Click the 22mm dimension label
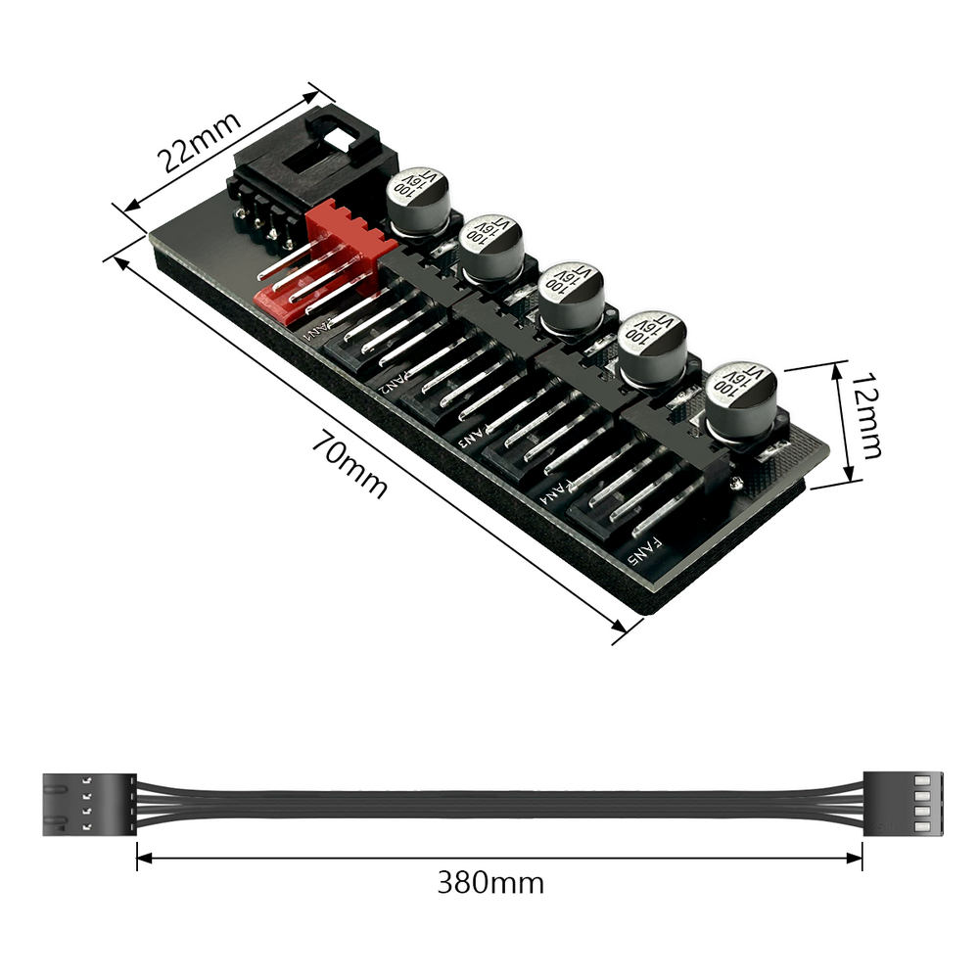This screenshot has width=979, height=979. point(199,141)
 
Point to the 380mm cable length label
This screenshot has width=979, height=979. point(490,883)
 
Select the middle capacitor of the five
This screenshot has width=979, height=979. point(571,299)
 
